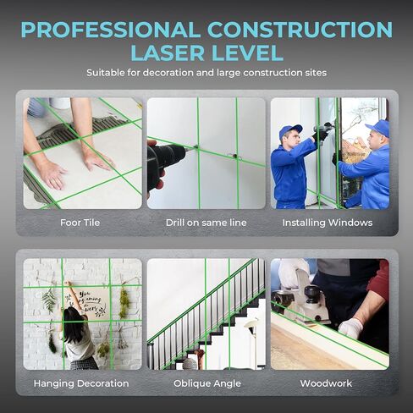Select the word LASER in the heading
coord(168,52)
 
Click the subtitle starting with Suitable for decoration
coord(206,74)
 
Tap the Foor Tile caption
coord(83,223)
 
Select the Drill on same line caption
coord(206,223)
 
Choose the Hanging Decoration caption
coord(83,383)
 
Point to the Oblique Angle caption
coord(206,383)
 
